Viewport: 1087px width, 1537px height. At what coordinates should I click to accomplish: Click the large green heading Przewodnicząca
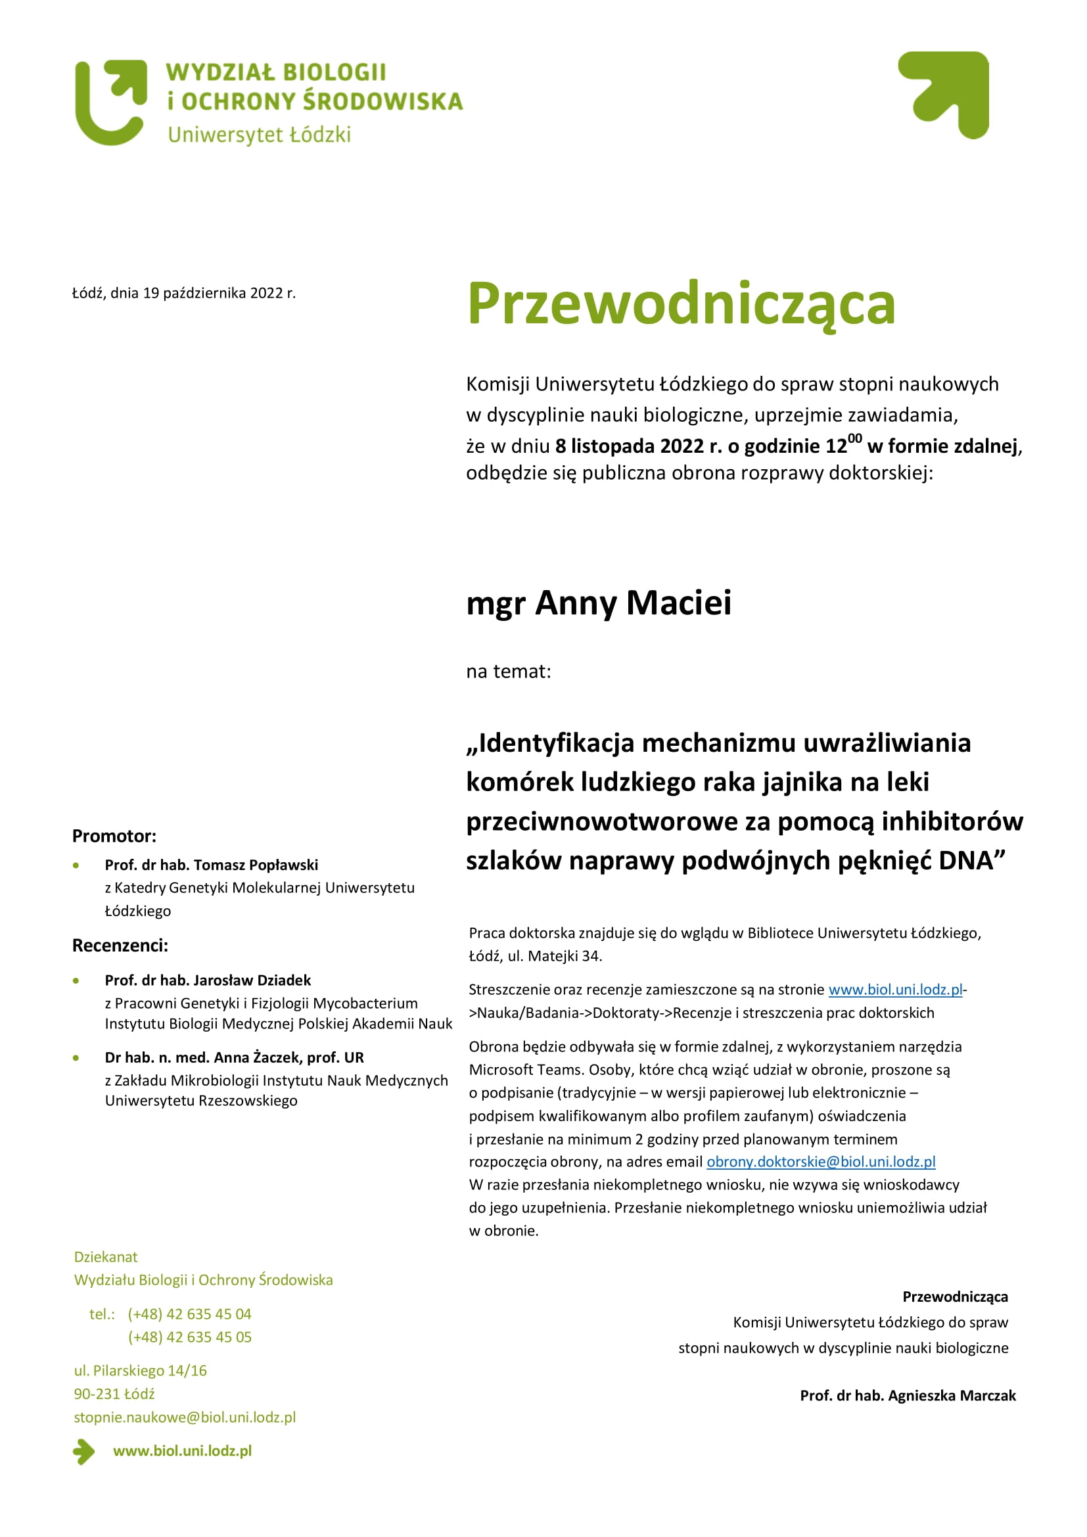[x=681, y=305]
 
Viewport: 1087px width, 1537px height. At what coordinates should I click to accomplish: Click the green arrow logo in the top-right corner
[x=945, y=95]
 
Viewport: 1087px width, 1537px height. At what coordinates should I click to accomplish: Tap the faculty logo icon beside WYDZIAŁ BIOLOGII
[x=111, y=103]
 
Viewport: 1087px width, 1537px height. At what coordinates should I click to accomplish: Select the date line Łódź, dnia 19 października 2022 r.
[x=184, y=293]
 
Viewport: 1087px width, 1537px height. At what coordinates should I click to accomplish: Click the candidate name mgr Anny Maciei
[x=599, y=603]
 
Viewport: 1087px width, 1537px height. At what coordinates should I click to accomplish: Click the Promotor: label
[x=114, y=836]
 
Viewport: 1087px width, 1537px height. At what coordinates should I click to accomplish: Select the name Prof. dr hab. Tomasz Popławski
[x=212, y=865]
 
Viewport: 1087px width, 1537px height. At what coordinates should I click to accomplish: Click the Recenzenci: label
[x=120, y=945]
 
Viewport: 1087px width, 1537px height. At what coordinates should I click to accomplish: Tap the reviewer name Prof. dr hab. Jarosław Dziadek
[x=208, y=980]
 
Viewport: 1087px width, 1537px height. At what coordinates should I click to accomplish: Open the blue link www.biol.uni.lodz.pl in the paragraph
[x=895, y=990]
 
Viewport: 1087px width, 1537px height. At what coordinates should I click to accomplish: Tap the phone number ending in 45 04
[x=189, y=1314]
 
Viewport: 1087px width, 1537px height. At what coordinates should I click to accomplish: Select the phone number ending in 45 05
[x=190, y=1337]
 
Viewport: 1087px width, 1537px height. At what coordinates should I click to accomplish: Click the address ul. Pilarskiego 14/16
[x=141, y=1370]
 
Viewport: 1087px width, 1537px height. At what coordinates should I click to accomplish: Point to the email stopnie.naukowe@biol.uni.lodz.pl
[x=185, y=1417]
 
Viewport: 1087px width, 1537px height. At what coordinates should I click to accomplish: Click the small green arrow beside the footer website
[x=84, y=1452]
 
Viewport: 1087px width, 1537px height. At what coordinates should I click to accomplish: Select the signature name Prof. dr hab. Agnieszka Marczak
[x=908, y=1396]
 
